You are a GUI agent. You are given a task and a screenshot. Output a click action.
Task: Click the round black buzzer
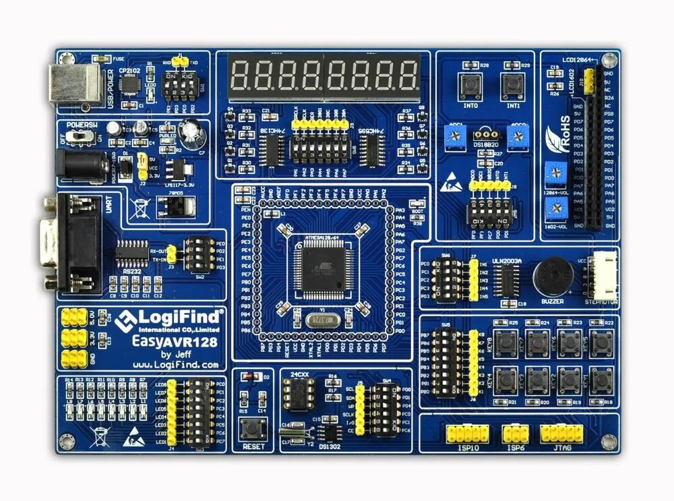click(553, 275)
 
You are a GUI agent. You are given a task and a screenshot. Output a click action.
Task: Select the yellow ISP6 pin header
click(516, 432)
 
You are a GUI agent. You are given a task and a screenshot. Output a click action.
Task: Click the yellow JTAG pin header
click(561, 432)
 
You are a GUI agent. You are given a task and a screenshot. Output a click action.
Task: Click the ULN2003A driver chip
click(506, 276)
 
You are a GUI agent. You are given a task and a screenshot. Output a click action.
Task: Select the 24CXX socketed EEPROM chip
click(297, 393)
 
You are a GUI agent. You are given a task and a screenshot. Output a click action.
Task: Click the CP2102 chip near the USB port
click(130, 84)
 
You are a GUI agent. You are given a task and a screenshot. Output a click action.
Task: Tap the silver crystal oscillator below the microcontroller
click(321, 320)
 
